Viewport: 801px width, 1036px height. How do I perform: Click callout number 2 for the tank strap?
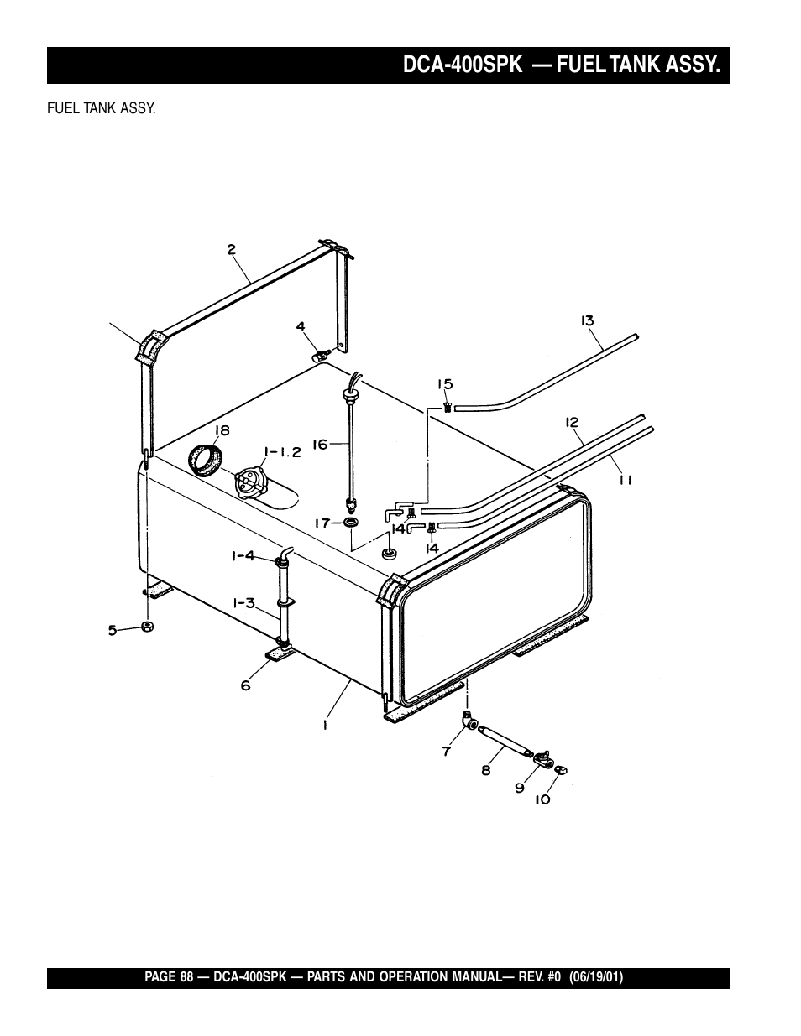click(x=231, y=248)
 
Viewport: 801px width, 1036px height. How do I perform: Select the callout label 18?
click(x=221, y=430)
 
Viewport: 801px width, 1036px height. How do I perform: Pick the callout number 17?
click(x=322, y=523)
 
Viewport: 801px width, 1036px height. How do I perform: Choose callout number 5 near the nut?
click(x=112, y=630)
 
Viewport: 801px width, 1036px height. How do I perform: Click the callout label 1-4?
click(x=243, y=555)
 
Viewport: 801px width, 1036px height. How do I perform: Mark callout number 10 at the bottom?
click(x=542, y=799)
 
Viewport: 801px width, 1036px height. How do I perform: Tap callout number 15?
click(x=444, y=384)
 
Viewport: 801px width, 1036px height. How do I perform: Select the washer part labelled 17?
click(x=351, y=523)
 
